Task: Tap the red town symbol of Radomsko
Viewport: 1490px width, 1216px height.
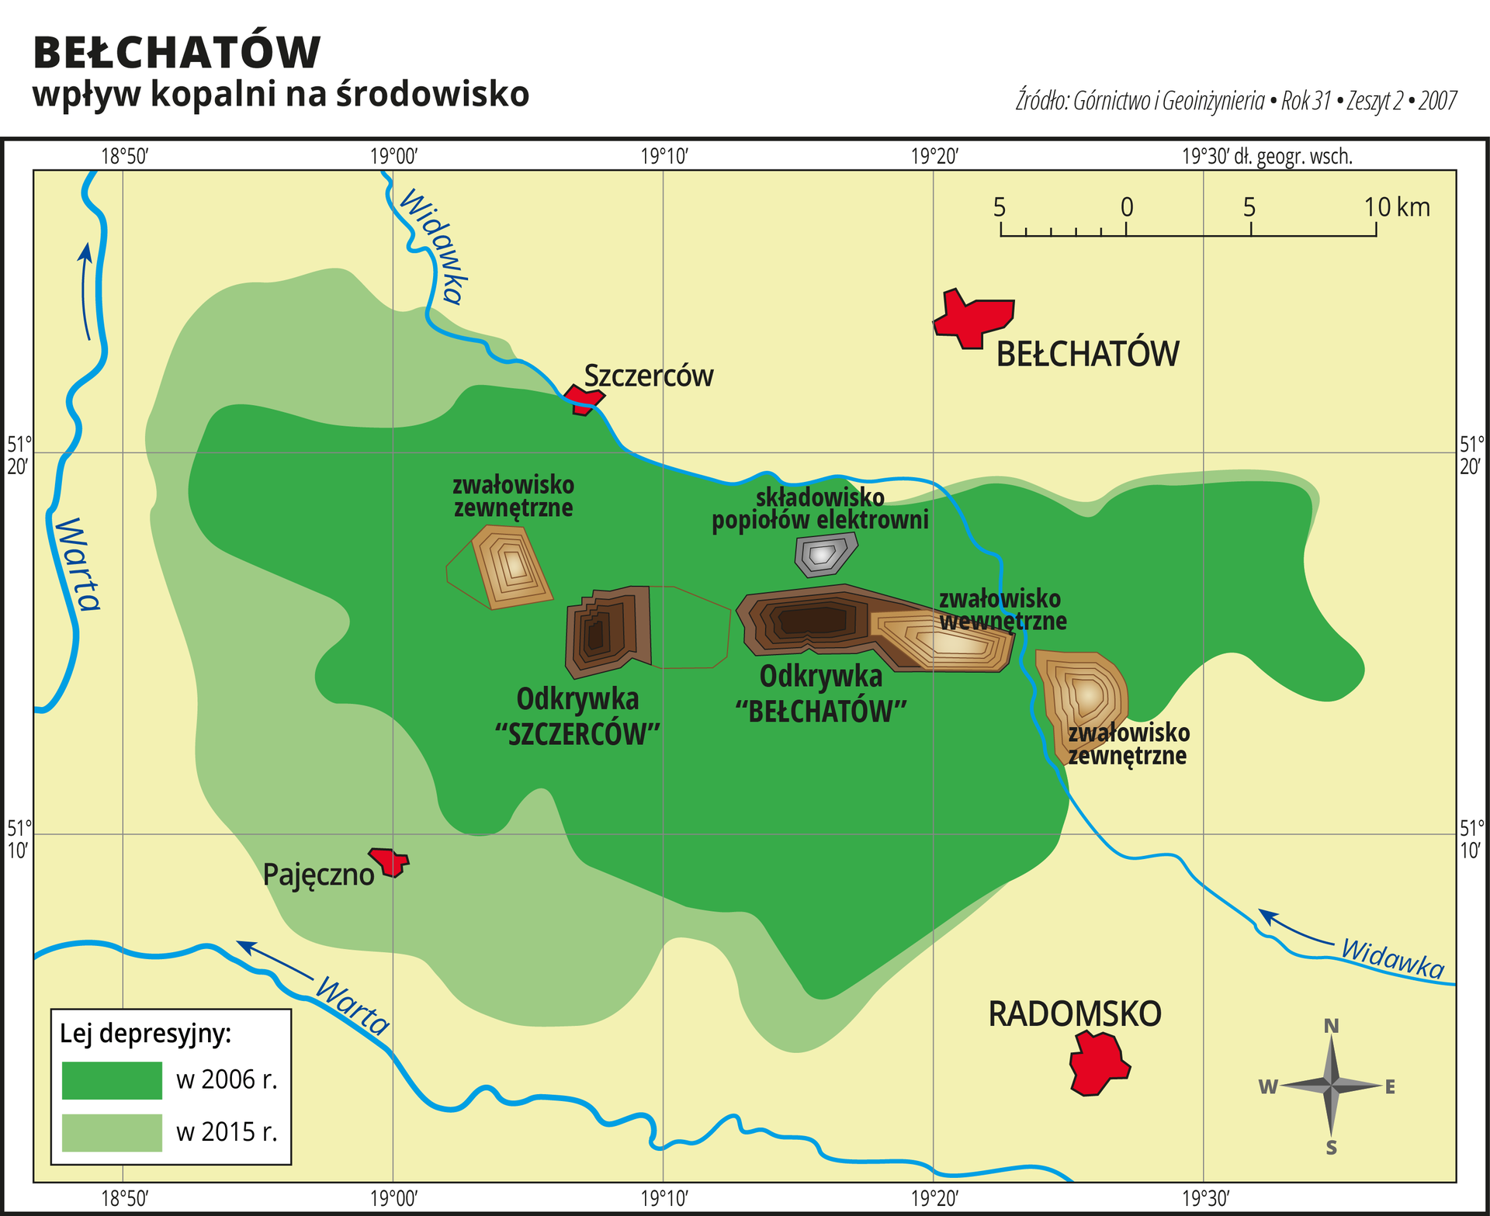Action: point(1097,1064)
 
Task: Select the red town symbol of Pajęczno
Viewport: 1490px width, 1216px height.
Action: point(389,861)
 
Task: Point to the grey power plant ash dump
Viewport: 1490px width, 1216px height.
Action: point(824,554)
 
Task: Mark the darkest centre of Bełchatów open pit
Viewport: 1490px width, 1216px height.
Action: point(812,620)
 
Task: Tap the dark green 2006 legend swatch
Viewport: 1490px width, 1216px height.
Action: point(112,1080)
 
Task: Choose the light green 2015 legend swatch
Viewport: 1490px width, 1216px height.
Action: point(112,1132)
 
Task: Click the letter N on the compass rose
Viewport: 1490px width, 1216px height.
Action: point(1331,1026)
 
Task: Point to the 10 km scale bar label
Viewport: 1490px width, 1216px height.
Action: point(1396,207)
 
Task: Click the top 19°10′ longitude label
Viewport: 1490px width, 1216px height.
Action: point(664,157)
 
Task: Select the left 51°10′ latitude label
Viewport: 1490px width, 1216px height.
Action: point(19,839)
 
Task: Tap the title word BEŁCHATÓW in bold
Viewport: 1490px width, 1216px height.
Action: point(177,53)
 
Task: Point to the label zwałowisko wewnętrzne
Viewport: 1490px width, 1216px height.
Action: point(1001,610)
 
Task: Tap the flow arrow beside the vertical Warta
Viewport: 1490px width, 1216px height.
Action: point(85,291)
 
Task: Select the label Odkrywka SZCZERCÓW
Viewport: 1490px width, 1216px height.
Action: point(577,716)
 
